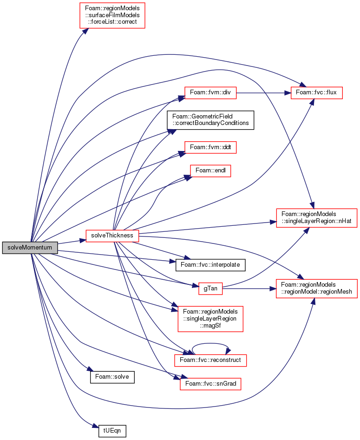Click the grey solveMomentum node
tap(30, 248)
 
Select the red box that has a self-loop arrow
tap(210, 361)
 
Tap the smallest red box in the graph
tap(210, 289)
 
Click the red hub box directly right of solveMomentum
tap(112, 236)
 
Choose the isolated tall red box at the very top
tap(112, 15)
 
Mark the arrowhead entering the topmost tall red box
tap(85, 31)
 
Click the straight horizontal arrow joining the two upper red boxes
tap(264, 93)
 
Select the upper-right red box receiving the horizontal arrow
tap(317, 93)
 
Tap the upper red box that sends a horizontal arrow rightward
tap(210, 93)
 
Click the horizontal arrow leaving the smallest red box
tap(249, 289)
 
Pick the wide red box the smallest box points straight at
tap(317, 289)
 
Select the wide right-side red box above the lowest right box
tap(317, 218)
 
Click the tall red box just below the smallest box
tap(210, 319)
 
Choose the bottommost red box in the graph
tap(210, 384)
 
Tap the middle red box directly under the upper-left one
tap(210, 147)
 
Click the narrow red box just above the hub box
tap(210, 171)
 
